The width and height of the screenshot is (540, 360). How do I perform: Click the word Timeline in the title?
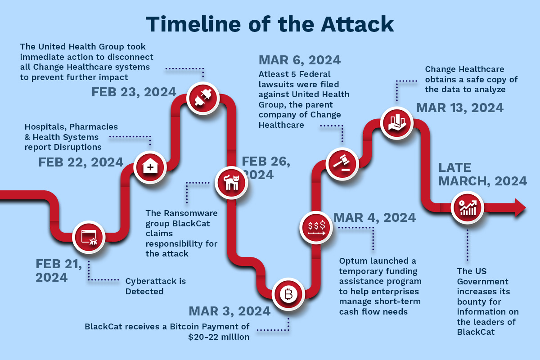(193, 24)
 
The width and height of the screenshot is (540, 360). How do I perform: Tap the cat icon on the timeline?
(231, 183)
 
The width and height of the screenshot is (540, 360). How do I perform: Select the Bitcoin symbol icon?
(288, 294)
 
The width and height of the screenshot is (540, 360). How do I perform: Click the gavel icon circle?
(342, 164)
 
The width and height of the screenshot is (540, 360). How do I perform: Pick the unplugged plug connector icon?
(203, 98)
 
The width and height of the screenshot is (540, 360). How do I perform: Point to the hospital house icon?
(150, 167)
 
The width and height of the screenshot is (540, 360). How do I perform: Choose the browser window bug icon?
(89, 237)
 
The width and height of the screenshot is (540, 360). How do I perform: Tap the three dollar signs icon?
(316, 228)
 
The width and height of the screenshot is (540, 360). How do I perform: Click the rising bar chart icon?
(468, 207)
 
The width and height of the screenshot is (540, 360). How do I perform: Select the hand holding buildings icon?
(397, 123)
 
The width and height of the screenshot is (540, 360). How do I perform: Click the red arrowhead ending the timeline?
(521, 207)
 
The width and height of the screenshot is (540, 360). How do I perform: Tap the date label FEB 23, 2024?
(134, 92)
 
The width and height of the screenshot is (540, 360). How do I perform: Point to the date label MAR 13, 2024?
(460, 108)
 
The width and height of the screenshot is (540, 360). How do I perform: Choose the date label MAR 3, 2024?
(229, 311)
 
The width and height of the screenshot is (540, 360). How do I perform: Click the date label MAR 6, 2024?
(300, 60)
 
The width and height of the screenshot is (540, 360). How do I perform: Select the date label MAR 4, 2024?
(374, 217)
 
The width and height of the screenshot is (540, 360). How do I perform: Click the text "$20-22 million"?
(219, 337)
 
